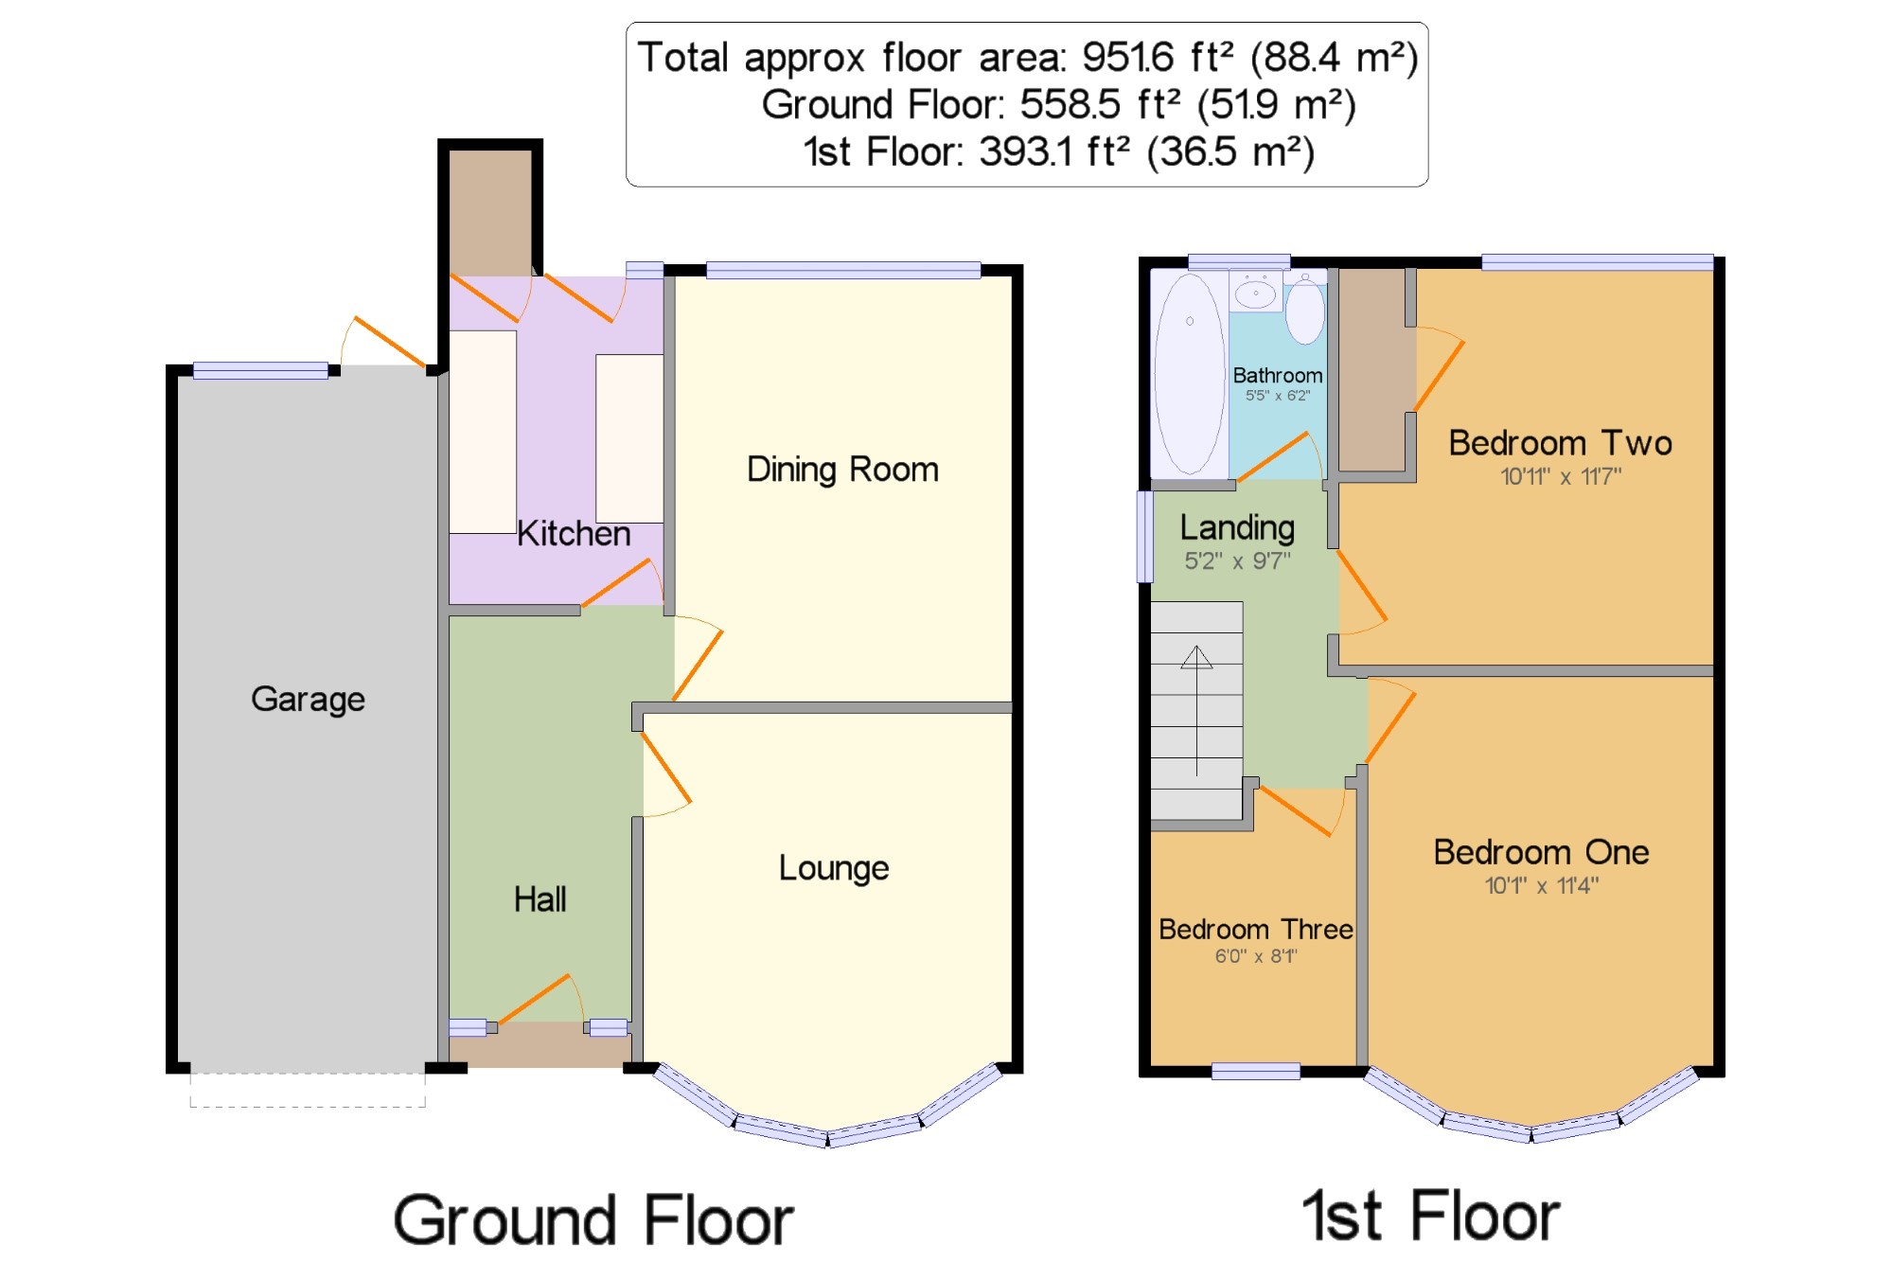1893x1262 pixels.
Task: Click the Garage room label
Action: click(x=308, y=700)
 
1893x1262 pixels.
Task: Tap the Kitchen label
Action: click(x=574, y=534)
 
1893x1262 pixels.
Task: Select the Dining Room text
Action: click(x=842, y=470)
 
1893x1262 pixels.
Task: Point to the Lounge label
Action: click(x=834, y=868)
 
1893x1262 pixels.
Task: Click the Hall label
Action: click(x=540, y=899)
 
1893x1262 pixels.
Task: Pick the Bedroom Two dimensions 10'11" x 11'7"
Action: click(x=1561, y=476)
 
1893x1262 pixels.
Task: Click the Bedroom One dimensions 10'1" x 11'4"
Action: click(x=1542, y=885)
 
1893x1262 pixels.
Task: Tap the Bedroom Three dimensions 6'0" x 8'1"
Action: click(x=1256, y=956)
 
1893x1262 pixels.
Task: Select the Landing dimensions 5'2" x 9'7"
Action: click(x=1237, y=560)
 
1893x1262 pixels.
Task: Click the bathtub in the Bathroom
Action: click(x=1190, y=373)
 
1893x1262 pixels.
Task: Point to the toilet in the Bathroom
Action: click(x=1304, y=307)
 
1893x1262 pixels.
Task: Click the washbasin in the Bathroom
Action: click(x=1256, y=292)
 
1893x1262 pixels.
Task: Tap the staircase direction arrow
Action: click(x=1196, y=710)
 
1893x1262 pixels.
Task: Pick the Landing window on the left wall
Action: click(x=1144, y=536)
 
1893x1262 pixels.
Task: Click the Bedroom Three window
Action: click(x=1256, y=1071)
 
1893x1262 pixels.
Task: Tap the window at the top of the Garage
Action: click(x=260, y=371)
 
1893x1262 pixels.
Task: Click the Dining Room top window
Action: click(x=843, y=271)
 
